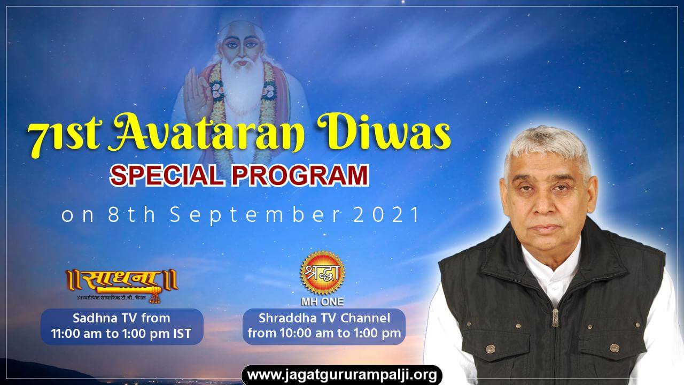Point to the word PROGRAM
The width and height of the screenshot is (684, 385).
coord(300,175)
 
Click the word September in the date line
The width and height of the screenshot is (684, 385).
coord(255,215)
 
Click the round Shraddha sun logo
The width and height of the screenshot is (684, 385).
coord(322,273)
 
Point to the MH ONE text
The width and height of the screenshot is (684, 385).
coord(322,302)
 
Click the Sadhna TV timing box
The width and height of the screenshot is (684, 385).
coord(122,326)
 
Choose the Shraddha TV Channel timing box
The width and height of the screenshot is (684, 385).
coord(324,326)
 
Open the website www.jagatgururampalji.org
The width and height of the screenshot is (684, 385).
coord(341,375)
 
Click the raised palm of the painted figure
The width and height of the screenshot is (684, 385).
coord(196,95)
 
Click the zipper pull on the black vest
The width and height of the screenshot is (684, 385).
coord(555,318)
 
